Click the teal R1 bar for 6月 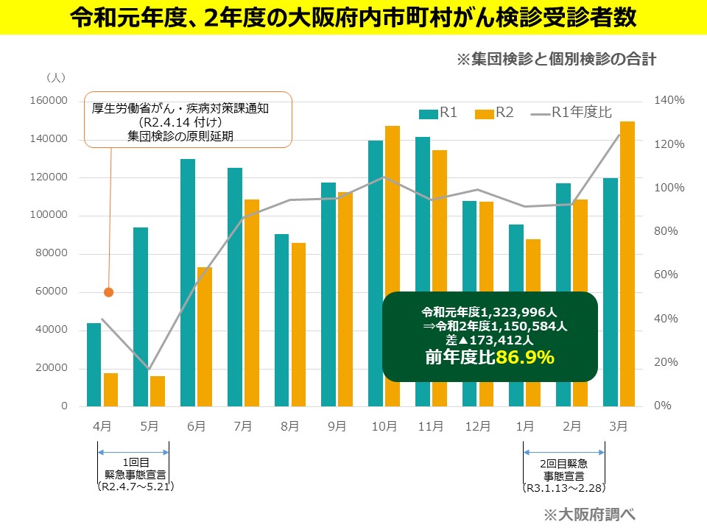pos(187,283)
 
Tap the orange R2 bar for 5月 pos(158,391)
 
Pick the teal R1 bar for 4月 pos(94,364)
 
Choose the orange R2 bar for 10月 pos(393,266)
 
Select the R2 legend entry pos(494,113)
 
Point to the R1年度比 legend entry pos(571,113)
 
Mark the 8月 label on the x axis pos(289,425)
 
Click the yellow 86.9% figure pos(524,358)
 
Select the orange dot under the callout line pos(109,292)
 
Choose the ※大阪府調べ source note pos(588,513)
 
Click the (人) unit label pos(56,77)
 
